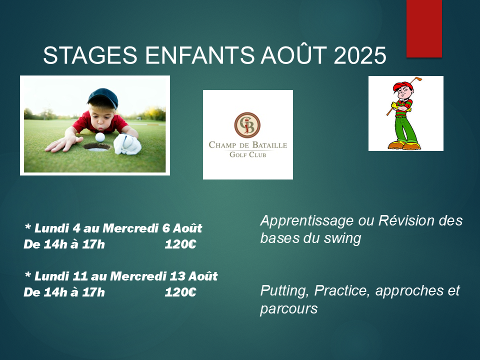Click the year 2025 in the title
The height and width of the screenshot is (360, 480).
[x=360, y=55]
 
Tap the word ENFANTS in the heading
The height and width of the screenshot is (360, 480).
[x=199, y=55]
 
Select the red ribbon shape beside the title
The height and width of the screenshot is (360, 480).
[x=424, y=28]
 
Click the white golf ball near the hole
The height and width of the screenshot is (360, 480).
[x=100, y=137]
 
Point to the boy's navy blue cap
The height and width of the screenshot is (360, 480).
[x=103, y=97]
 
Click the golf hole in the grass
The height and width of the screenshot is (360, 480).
[x=96, y=147]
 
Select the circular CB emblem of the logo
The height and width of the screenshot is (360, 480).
[x=247, y=125]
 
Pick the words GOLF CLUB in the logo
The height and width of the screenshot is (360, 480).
[x=248, y=154]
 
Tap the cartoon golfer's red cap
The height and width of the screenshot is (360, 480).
[x=402, y=85]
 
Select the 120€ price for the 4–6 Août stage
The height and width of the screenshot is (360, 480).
[x=180, y=244]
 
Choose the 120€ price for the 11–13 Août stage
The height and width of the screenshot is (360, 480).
[x=180, y=292]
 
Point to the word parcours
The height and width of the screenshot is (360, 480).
[x=289, y=309]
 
